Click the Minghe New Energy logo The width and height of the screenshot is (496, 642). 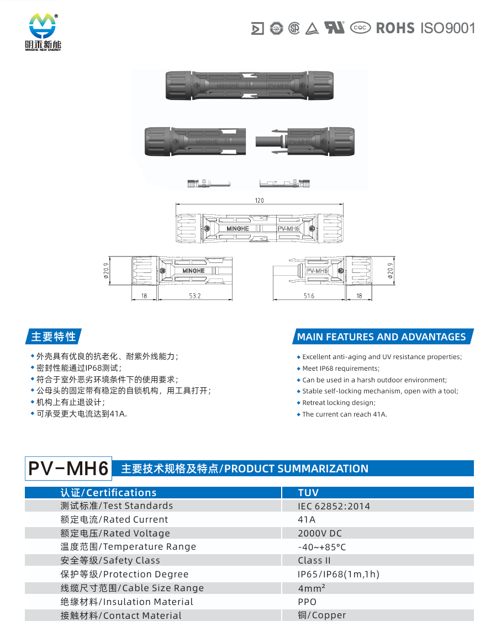coord(43,32)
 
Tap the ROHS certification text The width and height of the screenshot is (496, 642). coord(395,28)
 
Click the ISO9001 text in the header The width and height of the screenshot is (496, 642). coord(448,28)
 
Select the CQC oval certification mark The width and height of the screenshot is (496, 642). coord(360,28)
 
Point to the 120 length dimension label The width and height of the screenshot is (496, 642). coord(260,200)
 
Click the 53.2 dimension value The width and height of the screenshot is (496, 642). coord(195,296)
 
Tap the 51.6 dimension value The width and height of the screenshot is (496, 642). coord(309,296)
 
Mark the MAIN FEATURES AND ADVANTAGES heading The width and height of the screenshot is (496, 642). coord(382,336)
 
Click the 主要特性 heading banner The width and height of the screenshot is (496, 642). coord(53,336)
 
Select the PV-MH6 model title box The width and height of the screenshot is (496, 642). coord(68,469)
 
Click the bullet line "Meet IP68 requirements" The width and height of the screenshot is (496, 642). coord(338,369)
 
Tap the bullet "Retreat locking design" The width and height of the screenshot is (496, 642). coord(336,402)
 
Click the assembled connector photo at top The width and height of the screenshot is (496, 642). coord(249,85)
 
